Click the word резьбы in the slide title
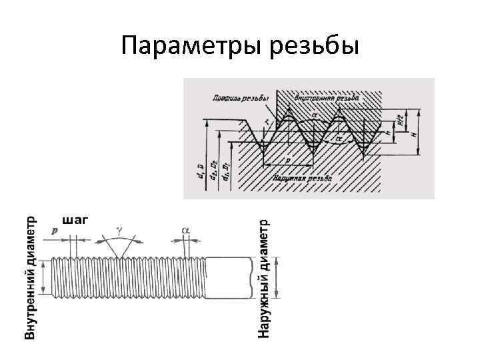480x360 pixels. pyautogui.click(x=314, y=46)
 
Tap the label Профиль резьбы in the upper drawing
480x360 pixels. pyautogui.click(x=238, y=98)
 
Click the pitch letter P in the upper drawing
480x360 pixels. pyautogui.click(x=287, y=161)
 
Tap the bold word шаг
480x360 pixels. pyautogui.click(x=75, y=219)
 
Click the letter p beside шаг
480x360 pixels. pyautogui.click(x=53, y=228)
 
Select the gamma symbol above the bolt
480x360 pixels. pyautogui.click(x=119, y=229)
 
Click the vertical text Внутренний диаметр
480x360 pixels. pyautogui.click(x=31, y=277)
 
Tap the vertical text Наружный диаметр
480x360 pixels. pyautogui.click(x=265, y=277)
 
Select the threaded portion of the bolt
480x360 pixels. pyautogui.click(x=127, y=277)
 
